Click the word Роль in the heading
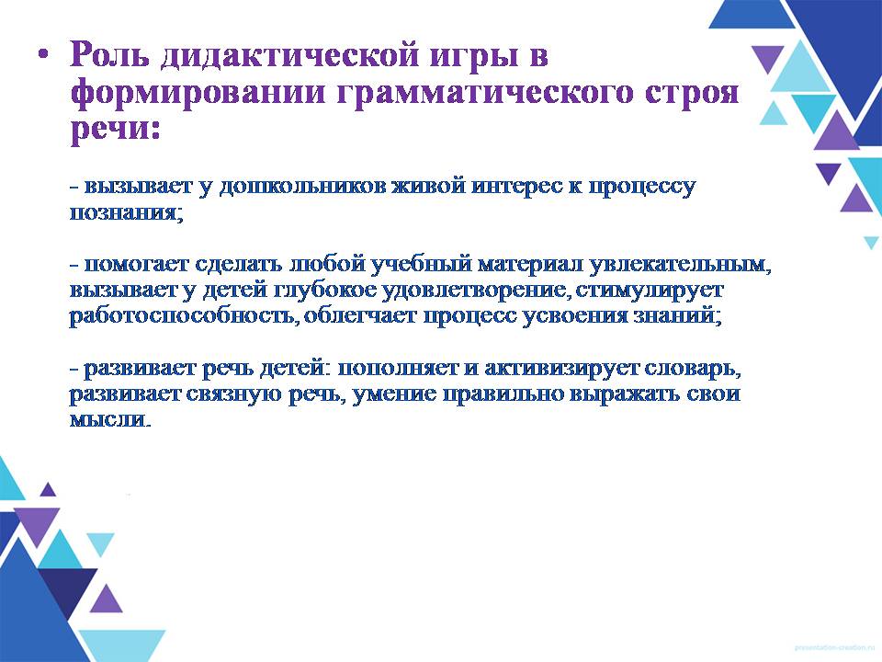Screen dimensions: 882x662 click(x=109, y=55)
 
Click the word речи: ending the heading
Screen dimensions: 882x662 click(x=116, y=130)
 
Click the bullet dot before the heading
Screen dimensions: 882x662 click(x=43, y=55)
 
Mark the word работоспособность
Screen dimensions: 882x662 click(x=182, y=315)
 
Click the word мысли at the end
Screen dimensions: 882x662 click(x=110, y=420)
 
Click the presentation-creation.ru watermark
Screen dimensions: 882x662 click(x=836, y=647)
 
